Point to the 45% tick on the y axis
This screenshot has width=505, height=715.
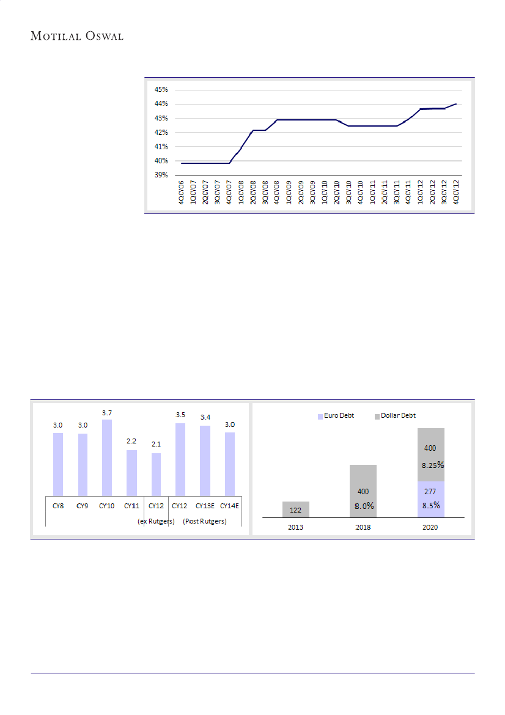tap(161, 89)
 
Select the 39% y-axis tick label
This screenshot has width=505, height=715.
tap(161, 175)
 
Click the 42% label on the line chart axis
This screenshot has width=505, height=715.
tap(161, 132)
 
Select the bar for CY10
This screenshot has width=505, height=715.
tap(107, 458)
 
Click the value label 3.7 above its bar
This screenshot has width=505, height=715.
tap(107, 413)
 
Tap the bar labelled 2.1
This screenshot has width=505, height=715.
tap(156, 475)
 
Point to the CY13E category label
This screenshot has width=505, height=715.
tap(205, 506)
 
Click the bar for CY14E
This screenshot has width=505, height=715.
tap(229, 464)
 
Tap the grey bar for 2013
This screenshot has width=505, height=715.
tap(296, 509)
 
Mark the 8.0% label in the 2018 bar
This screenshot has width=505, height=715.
tap(364, 506)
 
